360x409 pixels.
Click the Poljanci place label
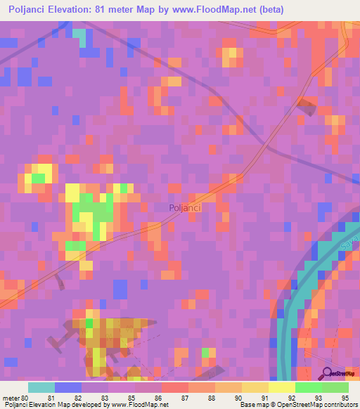186,207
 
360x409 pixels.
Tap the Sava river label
350,243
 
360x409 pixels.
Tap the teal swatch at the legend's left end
41,387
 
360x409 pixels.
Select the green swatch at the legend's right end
335,387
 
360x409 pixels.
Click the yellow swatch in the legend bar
281,387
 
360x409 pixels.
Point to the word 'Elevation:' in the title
77,10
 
